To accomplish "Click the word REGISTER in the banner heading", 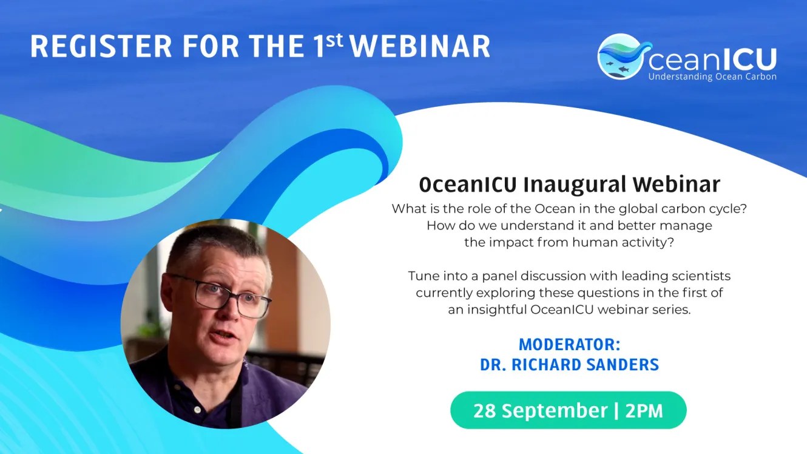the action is tap(101, 47).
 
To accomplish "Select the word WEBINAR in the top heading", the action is tap(420, 47).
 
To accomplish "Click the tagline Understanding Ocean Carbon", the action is tap(712, 76).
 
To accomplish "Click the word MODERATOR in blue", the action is tap(566, 345).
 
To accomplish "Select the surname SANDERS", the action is tap(623, 365).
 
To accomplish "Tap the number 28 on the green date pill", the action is tap(485, 410).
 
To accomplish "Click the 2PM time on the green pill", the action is tap(644, 410).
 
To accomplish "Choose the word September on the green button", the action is tap(555, 411).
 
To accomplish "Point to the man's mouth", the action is tap(224, 337).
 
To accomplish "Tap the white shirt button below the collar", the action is tap(197, 410).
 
